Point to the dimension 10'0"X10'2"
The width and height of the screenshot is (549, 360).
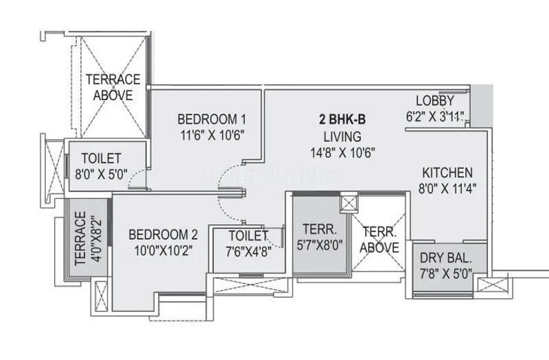[x=162, y=251]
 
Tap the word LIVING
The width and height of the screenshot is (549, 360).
[x=343, y=135]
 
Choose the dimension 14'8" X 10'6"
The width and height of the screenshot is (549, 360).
[x=343, y=152]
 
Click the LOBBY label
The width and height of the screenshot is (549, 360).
[x=435, y=101]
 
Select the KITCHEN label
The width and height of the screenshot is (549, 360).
[x=447, y=172]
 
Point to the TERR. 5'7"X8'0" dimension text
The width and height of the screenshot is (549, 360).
[x=319, y=246]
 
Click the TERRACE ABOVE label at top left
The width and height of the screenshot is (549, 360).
[x=113, y=87]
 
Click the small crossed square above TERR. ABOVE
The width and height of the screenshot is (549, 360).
[x=349, y=203]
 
